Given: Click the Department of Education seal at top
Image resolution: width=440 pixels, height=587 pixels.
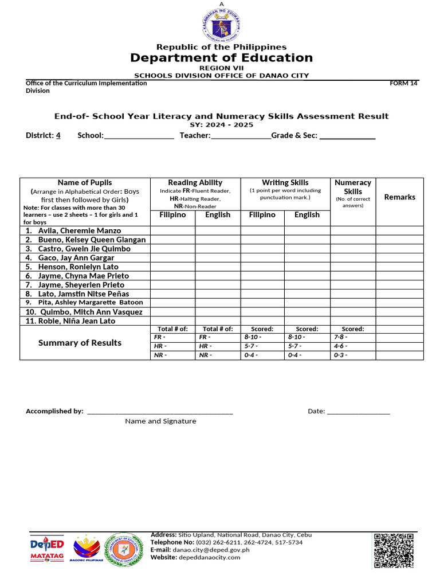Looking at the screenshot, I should [x=220, y=26].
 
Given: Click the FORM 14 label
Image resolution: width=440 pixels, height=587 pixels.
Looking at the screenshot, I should [x=404, y=83].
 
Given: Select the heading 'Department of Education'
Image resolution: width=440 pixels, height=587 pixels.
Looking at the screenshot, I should [x=221, y=58].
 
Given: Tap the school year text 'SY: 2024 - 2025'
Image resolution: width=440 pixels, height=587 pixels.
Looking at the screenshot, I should [x=221, y=125].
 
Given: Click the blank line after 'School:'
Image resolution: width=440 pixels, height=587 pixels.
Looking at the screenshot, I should [x=139, y=136].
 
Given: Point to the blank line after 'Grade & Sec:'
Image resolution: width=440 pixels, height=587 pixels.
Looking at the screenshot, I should [x=347, y=136].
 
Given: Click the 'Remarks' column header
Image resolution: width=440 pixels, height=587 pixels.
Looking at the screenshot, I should [x=399, y=197].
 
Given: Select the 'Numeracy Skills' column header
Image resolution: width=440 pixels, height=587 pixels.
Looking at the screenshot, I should [x=353, y=187].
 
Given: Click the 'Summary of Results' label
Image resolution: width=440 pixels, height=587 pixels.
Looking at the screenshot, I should [x=80, y=343].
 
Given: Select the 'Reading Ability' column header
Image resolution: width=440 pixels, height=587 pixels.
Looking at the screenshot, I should [x=195, y=182].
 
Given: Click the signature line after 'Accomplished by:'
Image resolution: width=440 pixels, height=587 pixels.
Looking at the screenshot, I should [x=160, y=410].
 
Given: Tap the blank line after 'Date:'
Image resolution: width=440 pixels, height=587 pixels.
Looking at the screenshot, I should [x=358, y=410].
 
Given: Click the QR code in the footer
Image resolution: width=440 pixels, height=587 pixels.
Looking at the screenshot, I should [x=394, y=551].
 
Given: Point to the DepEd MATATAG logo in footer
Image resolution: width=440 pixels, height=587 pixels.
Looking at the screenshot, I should [x=46, y=550].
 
